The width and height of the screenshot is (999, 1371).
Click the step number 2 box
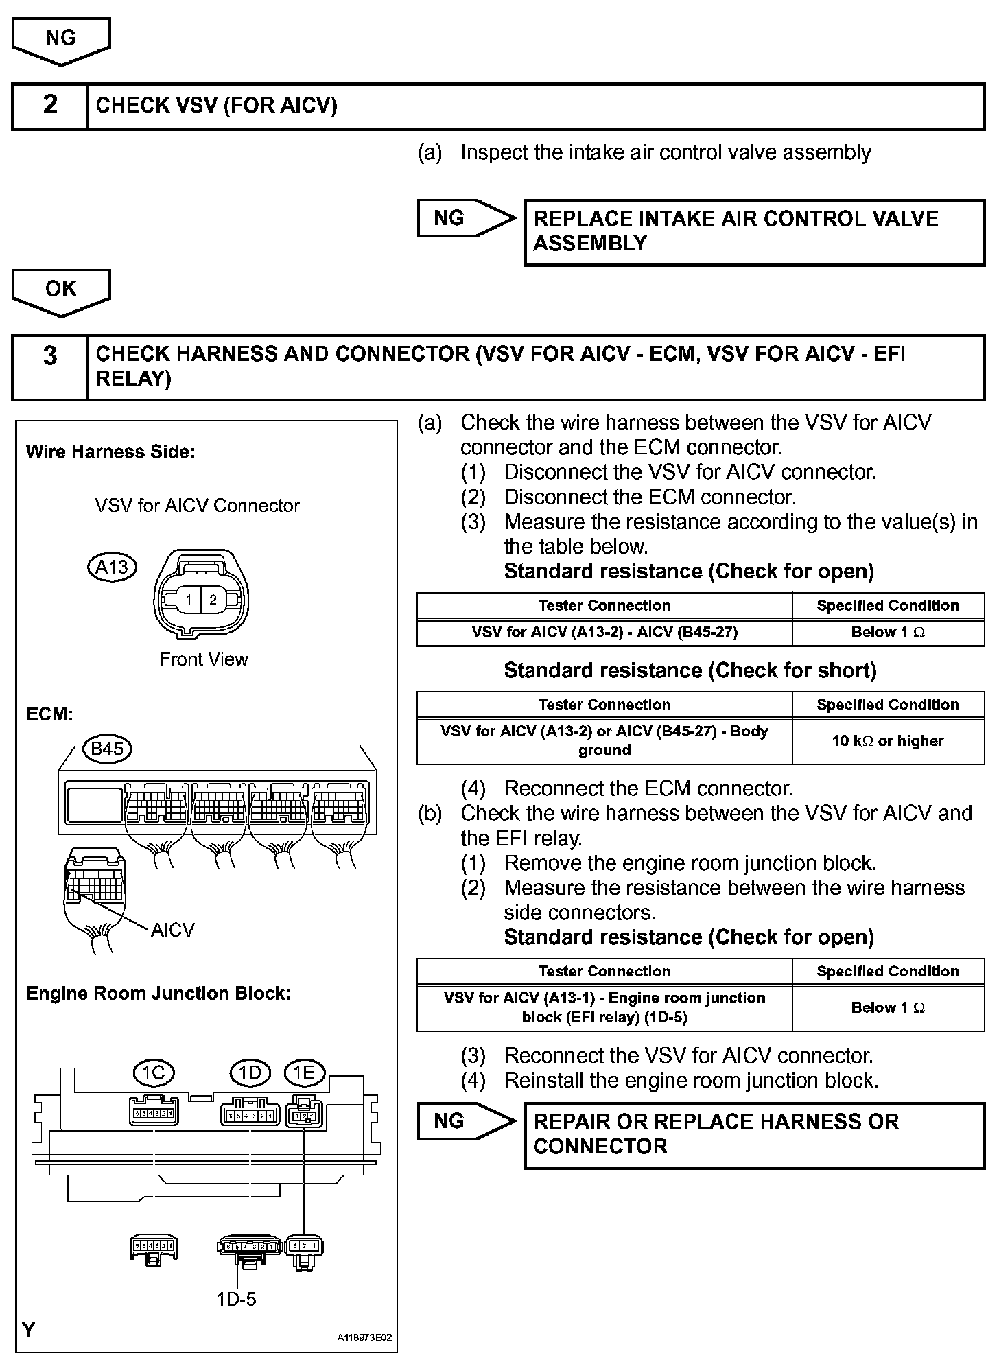click(50, 106)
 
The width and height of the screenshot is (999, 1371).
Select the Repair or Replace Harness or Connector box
click(754, 1134)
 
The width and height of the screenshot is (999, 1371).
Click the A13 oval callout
click(113, 567)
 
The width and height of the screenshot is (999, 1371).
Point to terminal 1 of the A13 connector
click(189, 600)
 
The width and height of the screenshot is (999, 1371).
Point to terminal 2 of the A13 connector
click(213, 600)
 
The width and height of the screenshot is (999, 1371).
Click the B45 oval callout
click(108, 749)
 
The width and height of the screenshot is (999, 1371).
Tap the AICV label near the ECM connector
click(173, 930)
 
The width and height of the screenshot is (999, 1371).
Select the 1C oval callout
click(153, 1073)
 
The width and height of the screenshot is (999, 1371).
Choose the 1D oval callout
click(250, 1073)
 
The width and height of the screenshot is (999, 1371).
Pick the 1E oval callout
click(304, 1073)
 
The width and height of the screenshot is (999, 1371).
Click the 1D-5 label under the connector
click(236, 1299)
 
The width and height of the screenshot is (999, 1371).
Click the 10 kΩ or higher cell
click(888, 741)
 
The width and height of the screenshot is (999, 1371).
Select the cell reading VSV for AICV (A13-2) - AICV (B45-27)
click(604, 633)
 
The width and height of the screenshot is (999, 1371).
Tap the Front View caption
click(204, 659)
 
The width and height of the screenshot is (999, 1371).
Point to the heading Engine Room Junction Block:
click(158, 994)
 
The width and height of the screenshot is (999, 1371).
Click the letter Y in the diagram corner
click(29, 1331)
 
